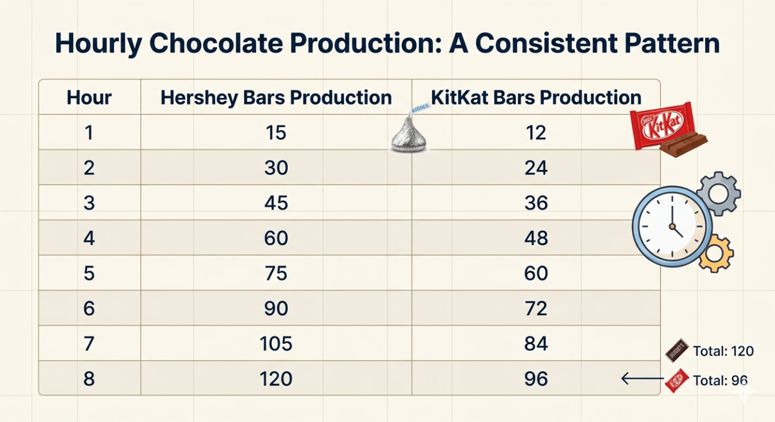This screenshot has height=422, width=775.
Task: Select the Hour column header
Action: [x=89, y=97]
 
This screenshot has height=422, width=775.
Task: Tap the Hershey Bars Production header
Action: [x=276, y=97]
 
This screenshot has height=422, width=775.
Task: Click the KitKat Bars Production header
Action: [x=536, y=97]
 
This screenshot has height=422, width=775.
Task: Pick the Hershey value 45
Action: [x=276, y=202]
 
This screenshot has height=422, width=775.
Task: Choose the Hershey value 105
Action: [x=276, y=344]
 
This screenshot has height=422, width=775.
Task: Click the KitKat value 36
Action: [x=536, y=202]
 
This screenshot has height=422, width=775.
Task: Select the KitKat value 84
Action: [x=536, y=344]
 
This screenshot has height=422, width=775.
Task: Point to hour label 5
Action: [x=89, y=273]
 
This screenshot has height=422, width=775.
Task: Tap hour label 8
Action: [x=89, y=379]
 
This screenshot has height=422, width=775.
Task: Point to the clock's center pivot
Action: [x=672, y=227]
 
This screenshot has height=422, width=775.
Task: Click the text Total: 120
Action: [x=723, y=351]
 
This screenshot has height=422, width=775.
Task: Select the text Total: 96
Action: [x=720, y=380]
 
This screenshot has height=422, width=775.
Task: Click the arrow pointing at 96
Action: [x=642, y=379]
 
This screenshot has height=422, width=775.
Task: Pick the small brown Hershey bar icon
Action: [x=677, y=351]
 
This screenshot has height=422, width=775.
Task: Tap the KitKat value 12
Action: [x=536, y=133]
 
